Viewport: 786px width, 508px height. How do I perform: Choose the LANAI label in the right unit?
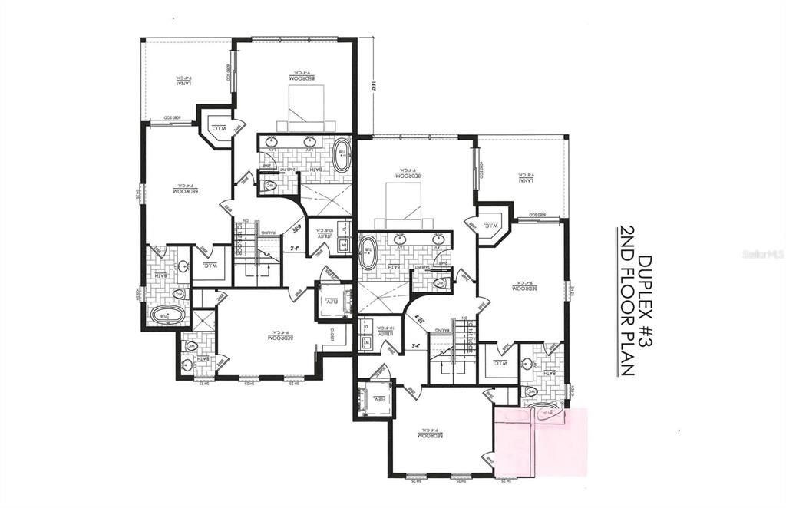[524, 177]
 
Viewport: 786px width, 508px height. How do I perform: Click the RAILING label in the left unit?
[266, 231]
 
